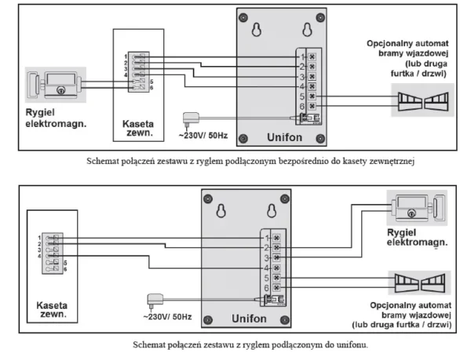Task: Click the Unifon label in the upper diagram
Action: point(277,134)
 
